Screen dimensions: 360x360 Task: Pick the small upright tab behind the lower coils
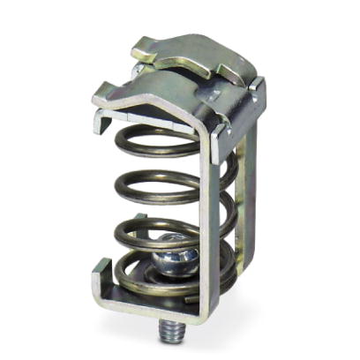[x=231, y=265]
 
